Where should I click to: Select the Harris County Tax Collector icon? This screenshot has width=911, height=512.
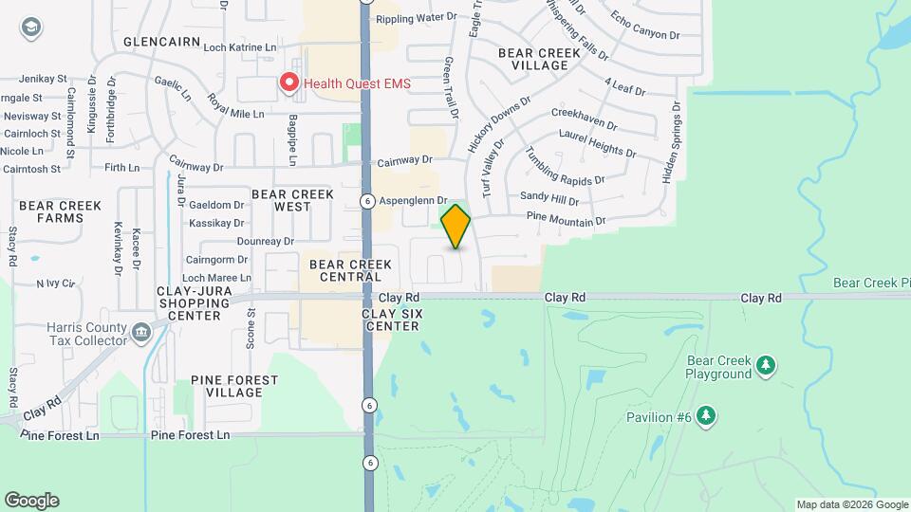click(141, 332)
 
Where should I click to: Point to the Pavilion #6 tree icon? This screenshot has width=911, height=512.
click(705, 415)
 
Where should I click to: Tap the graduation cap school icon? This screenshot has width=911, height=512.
click(30, 27)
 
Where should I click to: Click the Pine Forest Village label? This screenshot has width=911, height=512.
click(234, 386)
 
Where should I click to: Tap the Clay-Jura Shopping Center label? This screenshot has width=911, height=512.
click(195, 309)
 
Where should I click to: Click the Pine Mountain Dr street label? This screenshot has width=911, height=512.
click(567, 222)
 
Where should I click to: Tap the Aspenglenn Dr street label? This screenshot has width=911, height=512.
click(412, 201)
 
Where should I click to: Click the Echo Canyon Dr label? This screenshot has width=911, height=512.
click(646, 27)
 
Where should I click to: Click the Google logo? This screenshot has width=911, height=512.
click(31, 501)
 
